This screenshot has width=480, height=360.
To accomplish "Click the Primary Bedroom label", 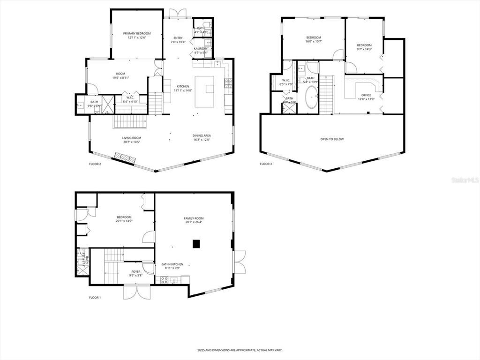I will pos(137,33).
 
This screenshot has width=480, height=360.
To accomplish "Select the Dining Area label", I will pos(202,135).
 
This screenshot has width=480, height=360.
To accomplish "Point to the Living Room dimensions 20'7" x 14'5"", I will pos(132,142).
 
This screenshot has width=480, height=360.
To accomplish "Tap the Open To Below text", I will pos(332,139).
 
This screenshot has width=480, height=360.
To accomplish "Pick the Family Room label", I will pos(194,218).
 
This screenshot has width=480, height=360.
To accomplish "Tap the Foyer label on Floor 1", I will pos(136,271).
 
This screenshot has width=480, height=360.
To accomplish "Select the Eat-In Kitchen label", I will pos(172,264).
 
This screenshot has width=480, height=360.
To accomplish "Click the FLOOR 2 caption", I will pos(95,164).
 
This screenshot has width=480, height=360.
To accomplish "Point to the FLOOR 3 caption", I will pos(266,164).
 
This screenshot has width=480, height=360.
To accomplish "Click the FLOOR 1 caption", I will pos(95,298).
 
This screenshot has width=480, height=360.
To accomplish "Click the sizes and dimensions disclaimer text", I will pos(240,350).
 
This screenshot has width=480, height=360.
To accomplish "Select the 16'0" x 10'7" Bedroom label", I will pos(314,37).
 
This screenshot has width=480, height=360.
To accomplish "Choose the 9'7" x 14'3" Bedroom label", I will pos(364,45).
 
